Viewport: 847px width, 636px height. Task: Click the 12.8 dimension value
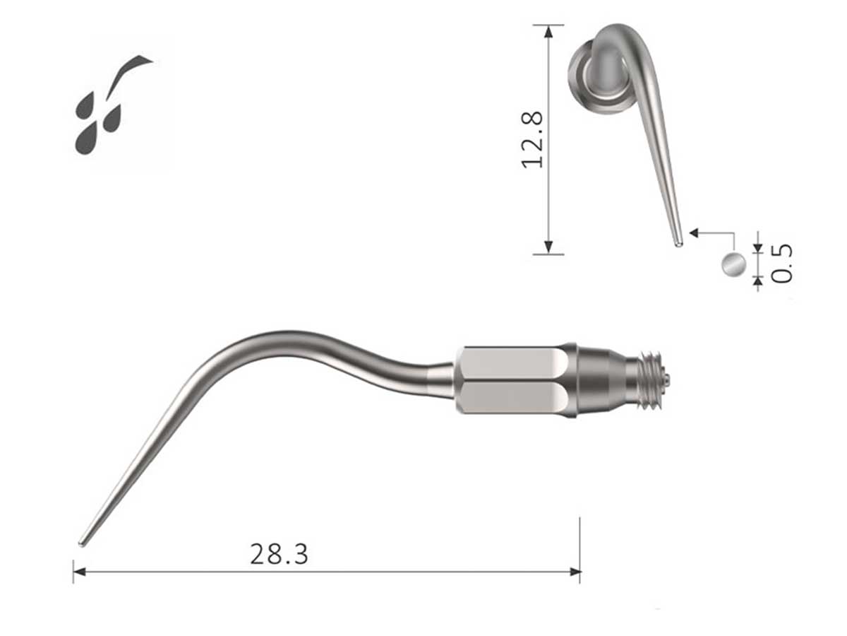[532, 139]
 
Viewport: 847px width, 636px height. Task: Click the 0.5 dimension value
[781, 264]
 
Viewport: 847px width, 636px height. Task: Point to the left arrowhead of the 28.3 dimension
[78, 571]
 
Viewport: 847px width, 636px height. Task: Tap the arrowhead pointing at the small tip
[693, 232]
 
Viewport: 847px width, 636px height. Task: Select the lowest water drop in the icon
[86, 139]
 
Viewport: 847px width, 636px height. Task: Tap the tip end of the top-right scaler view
[678, 244]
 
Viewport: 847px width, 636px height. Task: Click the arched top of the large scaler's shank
[282, 338]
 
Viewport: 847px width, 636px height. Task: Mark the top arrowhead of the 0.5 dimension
[758, 247]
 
